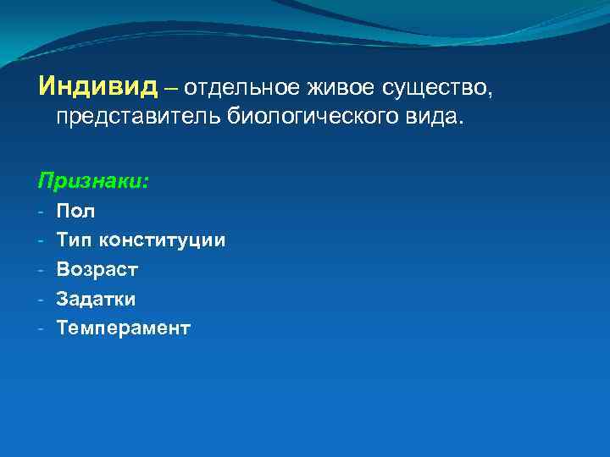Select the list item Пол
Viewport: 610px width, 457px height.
pyautogui.click(x=75, y=212)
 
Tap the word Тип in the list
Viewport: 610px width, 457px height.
pyautogui.click(x=75, y=240)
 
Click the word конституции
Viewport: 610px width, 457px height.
pyautogui.click(x=162, y=240)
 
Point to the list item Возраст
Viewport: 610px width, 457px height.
pyautogui.click(x=97, y=270)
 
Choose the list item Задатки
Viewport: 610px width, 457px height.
pyautogui.click(x=96, y=299)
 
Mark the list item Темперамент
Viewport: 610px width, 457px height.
pyautogui.click(x=123, y=328)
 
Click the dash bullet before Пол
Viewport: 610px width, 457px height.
pyautogui.click(x=41, y=212)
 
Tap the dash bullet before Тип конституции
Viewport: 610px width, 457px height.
pyautogui.click(x=41, y=240)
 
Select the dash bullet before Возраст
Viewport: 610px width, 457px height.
pyautogui.click(x=41, y=270)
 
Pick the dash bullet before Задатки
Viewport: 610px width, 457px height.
pyautogui.click(x=41, y=299)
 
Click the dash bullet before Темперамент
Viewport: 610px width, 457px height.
pyautogui.click(x=41, y=328)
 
